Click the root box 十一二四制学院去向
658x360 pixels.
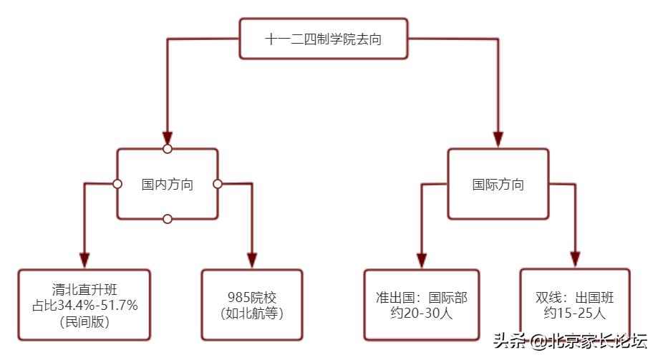click(323, 39)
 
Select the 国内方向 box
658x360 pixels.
click(167, 184)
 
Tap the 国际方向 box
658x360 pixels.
click(498, 184)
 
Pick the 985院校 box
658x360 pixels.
click(252, 304)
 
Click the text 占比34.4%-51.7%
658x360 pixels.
click(85, 306)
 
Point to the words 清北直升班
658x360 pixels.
click(85, 291)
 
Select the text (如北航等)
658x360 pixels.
click(252, 313)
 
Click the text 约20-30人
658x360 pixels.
click(422, 313)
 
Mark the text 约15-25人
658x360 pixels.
click(574, 313)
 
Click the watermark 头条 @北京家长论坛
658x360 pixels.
click(569, 341)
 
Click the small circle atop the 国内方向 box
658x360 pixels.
click(168, 149)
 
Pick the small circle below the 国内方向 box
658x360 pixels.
click(168, 219)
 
